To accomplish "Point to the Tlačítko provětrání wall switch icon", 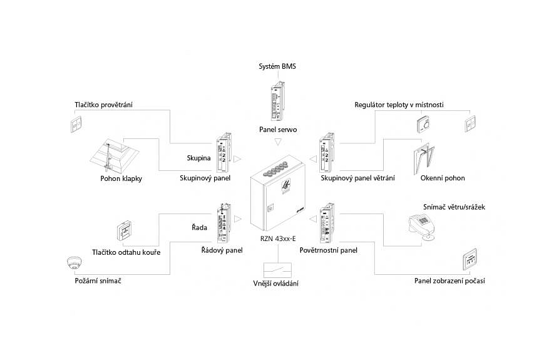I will tap(77, 125).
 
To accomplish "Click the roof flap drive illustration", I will tap(116, 155).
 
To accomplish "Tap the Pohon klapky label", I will tap(121, 178).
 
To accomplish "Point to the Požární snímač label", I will tap(94, 281).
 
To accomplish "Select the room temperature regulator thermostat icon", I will tap(424, 125).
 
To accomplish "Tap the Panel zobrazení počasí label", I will tap(449, 281).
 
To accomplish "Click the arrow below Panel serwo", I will tap(277, 144).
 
